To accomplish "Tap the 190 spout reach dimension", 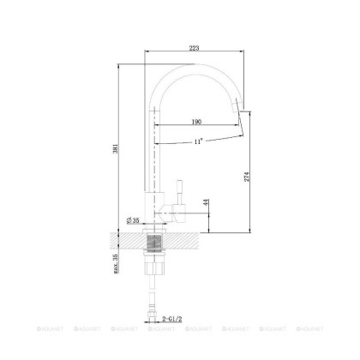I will click(195, 123).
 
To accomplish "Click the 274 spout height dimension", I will click(248, 176).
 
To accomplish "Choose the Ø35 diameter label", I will click(135, 220).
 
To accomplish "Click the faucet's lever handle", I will click(180, 192).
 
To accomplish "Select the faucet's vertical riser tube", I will click(154, 146).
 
